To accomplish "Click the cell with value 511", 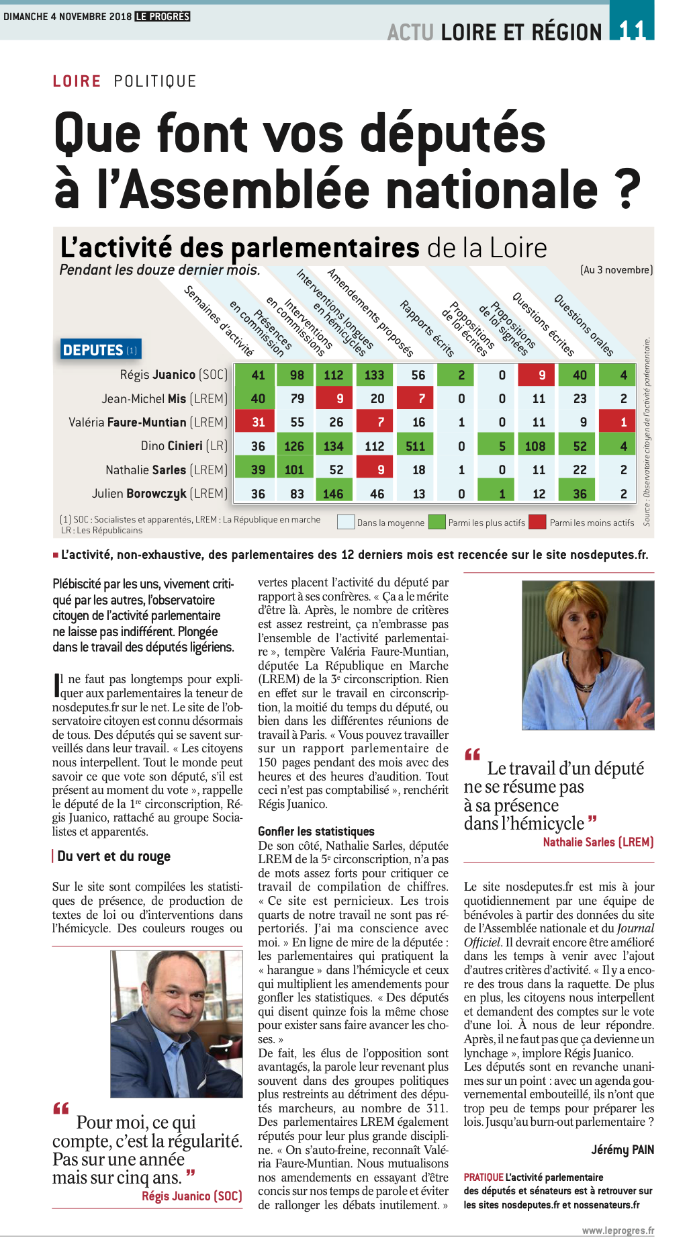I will click(416, 446).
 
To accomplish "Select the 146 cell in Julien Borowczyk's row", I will click(334, 494).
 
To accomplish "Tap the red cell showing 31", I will click(258, 422).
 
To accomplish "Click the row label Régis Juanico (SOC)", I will click(173, 375).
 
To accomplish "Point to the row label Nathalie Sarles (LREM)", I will click(166, 470).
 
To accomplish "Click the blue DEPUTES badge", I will click(100, 349).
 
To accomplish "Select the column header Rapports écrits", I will click(427, 328).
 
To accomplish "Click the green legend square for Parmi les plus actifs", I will click(437, 522).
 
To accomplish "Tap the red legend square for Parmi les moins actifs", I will click(537, 522).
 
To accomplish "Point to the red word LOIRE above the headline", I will click(77, 81).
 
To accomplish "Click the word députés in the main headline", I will click(453, 133).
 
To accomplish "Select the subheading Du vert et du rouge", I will click(113, 856).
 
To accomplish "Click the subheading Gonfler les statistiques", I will click(316, 831).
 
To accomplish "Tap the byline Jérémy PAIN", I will click(622, 1149).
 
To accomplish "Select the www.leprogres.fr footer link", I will click(617, 1231).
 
